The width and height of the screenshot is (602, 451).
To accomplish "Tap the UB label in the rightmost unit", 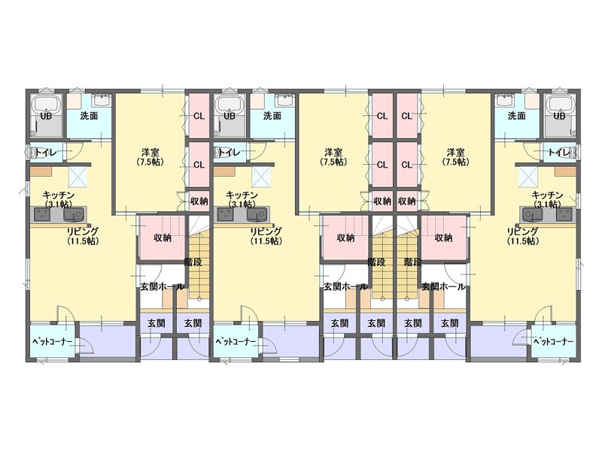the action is coord(559,116).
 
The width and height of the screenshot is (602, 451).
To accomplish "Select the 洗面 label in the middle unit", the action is coord(272,116).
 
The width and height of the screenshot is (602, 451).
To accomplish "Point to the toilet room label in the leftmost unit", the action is coord(46,153).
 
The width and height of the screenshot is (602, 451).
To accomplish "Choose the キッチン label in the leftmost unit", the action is coord(59,195).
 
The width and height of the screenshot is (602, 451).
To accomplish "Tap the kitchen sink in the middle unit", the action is coord(257,214).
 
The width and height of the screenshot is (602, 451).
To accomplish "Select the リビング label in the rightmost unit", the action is coord(522,232).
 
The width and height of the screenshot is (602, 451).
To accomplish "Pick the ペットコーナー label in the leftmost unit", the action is coord(52,341).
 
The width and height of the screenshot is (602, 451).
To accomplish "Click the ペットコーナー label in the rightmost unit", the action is coord(554,341).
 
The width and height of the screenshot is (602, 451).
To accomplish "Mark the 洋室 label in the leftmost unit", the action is coord(150,153).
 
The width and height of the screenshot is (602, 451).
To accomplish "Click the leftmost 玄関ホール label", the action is coord(162,287).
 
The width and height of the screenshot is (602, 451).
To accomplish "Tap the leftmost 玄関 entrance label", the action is coord(157,323).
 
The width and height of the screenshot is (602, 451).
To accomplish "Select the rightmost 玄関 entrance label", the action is coord(449,323).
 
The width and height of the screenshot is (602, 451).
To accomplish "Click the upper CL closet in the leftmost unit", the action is coord(199,116).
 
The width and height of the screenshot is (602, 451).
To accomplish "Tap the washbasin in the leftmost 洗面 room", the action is coord(102,101).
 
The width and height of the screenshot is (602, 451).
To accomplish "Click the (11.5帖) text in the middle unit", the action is coord(266,241).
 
